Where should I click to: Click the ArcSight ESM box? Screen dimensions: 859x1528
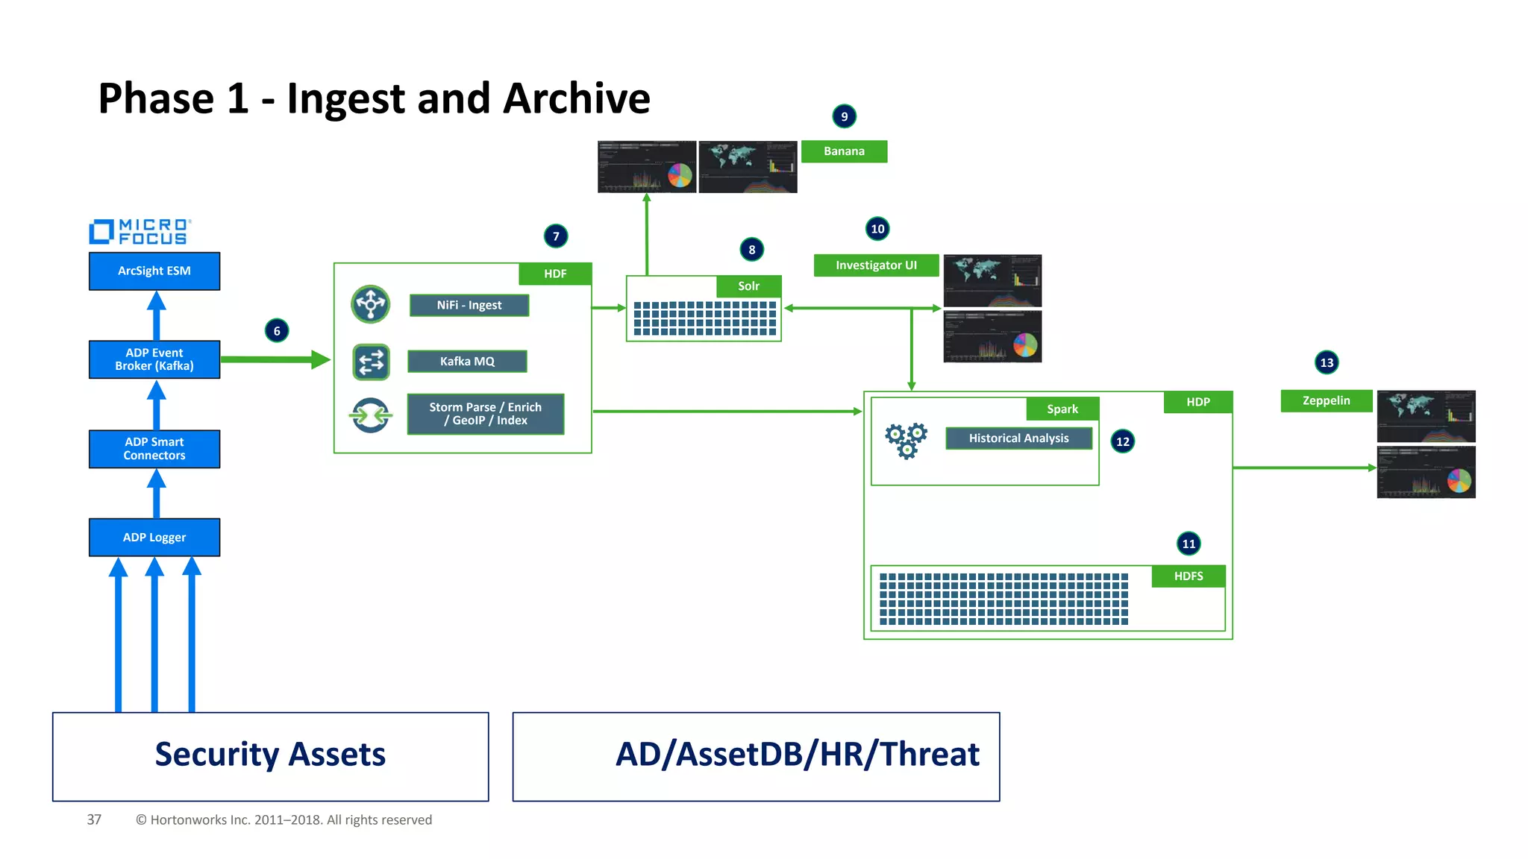(154, 271)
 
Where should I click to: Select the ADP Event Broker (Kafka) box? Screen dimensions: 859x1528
(154, 359)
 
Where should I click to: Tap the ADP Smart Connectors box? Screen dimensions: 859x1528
(154, 449)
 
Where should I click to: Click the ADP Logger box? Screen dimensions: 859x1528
(154, 537)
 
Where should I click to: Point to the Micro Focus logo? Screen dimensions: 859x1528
(140, 232)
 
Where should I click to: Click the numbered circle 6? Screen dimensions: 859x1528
(277, 330)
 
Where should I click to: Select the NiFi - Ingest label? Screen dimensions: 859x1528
(469, 305)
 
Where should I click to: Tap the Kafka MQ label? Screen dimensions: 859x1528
(467, 361)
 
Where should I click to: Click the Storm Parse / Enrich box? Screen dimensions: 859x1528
(486, 414)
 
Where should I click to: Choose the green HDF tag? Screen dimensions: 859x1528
(555, 274)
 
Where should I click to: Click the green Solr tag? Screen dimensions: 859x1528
(748, 286)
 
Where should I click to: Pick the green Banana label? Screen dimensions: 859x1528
(844, 151)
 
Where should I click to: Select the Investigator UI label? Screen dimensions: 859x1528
(876, 265)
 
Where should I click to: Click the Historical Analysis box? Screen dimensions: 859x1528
(1018, 438)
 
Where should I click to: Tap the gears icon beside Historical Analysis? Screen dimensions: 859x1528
(906, 440)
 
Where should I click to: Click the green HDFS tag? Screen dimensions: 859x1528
(1188, 576)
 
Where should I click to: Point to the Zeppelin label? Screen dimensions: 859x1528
(1326, 400)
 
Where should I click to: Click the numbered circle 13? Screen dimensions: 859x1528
(1327, 362)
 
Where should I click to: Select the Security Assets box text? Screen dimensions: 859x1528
(270, 755)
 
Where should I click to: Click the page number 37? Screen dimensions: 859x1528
(94, 819)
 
